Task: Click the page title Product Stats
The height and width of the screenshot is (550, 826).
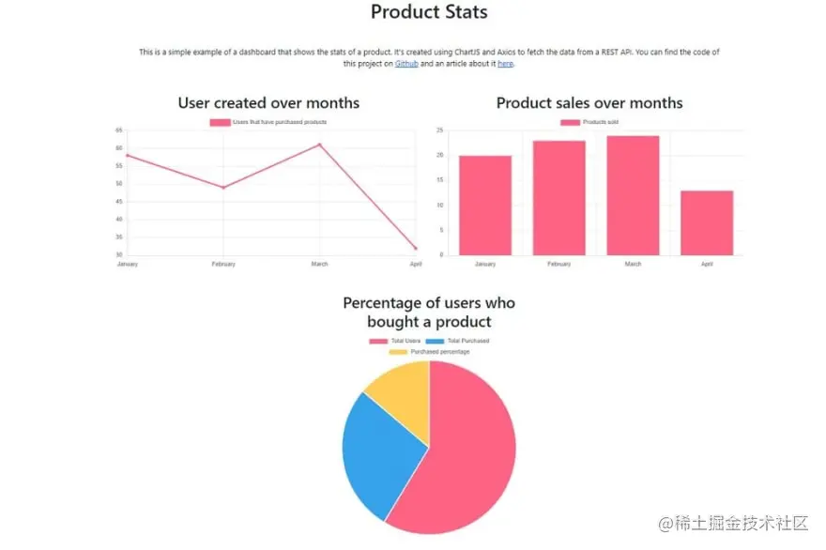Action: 429,12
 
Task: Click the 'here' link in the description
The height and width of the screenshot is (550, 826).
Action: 505,64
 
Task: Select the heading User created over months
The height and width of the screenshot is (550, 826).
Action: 268,102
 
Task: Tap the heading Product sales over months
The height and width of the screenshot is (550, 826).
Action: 589,102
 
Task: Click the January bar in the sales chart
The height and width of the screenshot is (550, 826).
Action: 485,205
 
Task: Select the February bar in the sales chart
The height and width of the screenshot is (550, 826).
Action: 558,197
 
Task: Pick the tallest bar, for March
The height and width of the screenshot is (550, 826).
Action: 633,195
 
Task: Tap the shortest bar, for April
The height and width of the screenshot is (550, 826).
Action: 707,222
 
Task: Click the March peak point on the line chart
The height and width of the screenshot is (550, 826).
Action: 320,145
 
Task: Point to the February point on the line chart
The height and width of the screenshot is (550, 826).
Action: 223,188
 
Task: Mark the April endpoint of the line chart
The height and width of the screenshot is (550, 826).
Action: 416,249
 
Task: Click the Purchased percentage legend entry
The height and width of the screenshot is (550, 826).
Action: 430,352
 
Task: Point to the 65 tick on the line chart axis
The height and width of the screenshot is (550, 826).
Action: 119,130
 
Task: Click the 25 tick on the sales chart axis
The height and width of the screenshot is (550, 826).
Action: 440,130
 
